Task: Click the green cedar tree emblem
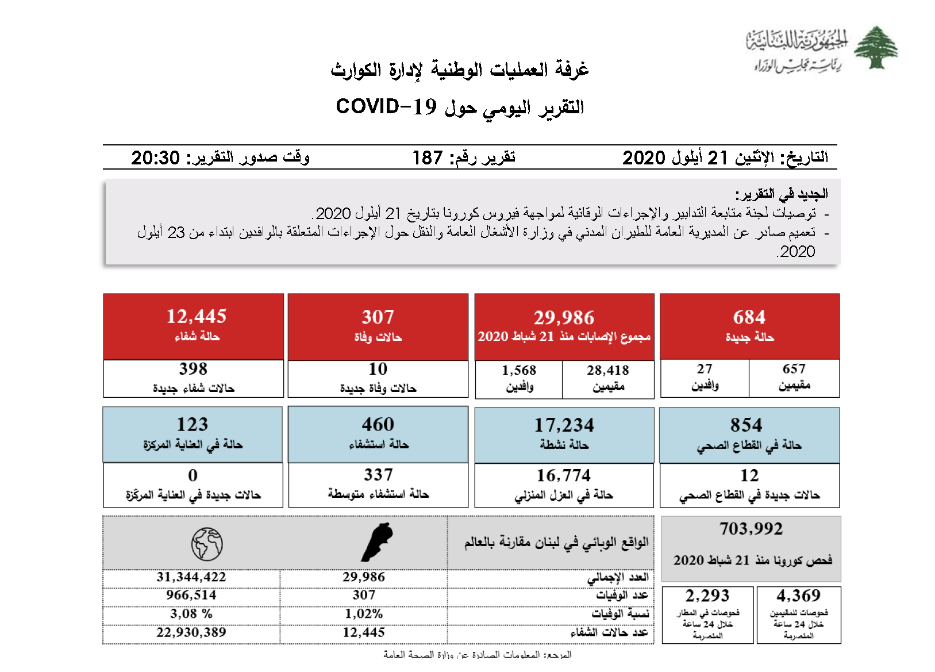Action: coord(875,47)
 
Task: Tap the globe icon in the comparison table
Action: coord(207,544)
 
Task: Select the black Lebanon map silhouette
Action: coord(377,542)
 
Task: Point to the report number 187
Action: coord(428,158)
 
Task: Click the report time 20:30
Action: coord(155,158)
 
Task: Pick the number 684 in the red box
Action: coord(749,317)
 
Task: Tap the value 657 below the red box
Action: coord(794,369)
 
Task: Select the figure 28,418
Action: coord(607,370)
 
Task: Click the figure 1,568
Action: coord(519,370)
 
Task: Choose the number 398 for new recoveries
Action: coord(193,369)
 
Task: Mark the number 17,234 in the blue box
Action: coord(564,425)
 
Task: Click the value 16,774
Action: coord(563,475)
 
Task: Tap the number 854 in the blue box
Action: coord(746,425)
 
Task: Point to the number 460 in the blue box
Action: coord(378,424)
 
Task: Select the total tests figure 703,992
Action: coord(751,529)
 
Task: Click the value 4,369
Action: coord(798,596)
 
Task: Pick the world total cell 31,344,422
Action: coord(191,577)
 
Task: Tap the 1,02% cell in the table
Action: coord(364,614)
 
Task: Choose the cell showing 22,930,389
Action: coord(191,632)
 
